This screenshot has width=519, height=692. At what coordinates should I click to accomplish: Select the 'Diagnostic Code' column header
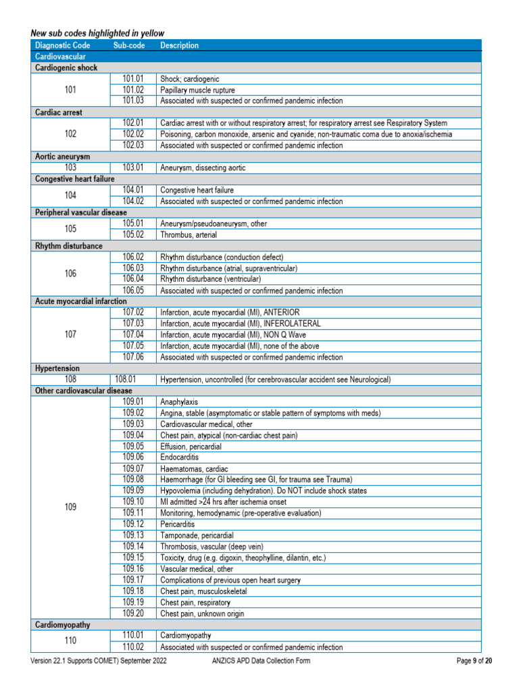62,45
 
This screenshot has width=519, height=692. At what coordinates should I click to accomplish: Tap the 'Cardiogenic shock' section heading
66,68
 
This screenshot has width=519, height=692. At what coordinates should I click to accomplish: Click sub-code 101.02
133,90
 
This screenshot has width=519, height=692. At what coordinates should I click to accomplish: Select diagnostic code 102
70,134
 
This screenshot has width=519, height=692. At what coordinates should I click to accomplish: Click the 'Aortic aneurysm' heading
62,156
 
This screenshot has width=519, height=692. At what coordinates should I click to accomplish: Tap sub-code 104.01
133,190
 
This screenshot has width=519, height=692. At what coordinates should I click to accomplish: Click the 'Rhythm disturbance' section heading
68,246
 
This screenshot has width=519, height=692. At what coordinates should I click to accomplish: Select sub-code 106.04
133,279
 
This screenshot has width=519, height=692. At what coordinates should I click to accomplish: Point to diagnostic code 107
70,335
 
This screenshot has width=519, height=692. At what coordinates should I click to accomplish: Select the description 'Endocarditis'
179,458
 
